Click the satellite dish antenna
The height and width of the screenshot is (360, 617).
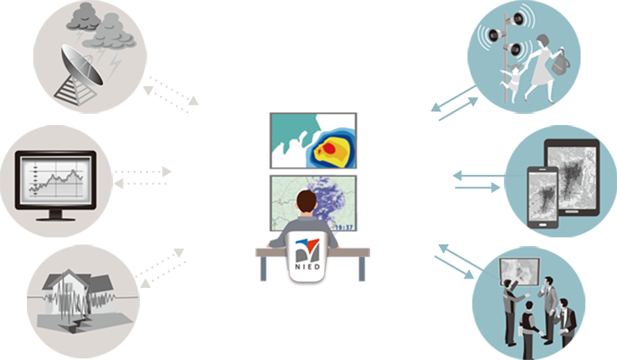(x=81, y=66)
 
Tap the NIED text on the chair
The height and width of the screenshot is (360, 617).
(x=308, y=267)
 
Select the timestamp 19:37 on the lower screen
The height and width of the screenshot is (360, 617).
(x=344, y=227)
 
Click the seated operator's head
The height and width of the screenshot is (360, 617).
(x=307, y=203)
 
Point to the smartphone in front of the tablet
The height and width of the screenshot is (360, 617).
(x=543, y=197)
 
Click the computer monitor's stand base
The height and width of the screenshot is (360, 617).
(x=55, y=217)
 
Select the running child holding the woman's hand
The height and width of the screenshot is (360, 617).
(x=511, y=83)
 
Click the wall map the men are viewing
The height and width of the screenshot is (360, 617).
(x=520, y=271)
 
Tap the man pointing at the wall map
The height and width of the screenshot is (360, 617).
(x=510, y=312)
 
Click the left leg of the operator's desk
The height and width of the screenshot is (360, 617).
(x=263, y=269)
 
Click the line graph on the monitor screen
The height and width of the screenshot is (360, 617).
(x=56, y=182)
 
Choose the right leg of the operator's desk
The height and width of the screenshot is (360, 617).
(x=362, y=269)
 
